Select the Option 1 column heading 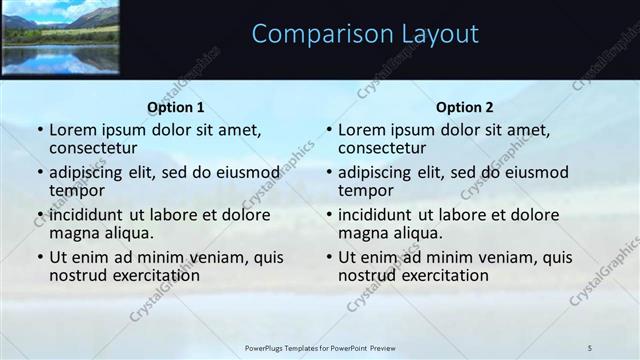point(176,107)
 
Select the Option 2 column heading point(464,107)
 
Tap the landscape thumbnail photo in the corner point(60,37)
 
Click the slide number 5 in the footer point(590,347)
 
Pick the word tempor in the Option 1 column point(75,190)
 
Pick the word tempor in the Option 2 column point(364,190)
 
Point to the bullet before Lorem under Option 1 point(39,130)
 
